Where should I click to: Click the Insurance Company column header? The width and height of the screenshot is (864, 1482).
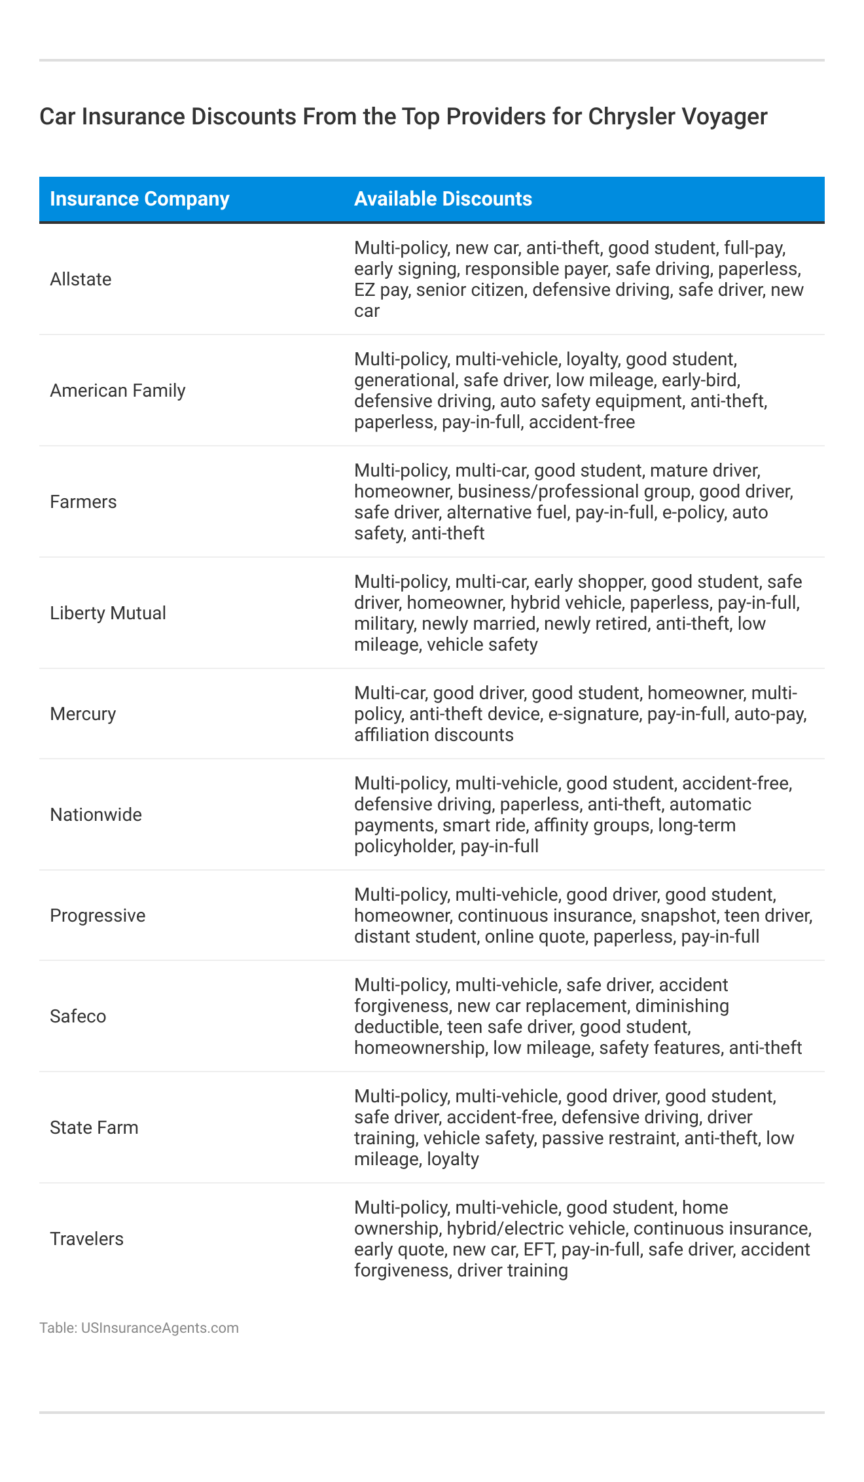pyautogui.click(x=139, y=199)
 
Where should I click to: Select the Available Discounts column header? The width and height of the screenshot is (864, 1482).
pyautogui.click(x=443, y=199)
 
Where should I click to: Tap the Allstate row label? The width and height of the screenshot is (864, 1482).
pyautogui.click(x=81, y=280)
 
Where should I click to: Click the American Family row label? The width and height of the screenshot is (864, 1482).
pyautogui.click(x=118, y=391)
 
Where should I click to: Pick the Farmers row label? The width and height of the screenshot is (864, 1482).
pyautogui.click(x=83, y=502)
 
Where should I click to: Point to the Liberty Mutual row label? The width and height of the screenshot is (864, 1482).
pyautogui.click(x=108, y=613)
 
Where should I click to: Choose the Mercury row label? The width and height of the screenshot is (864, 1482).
pyautogui.click(x=82, y=714)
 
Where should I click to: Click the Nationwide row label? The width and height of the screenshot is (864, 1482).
pyautogui.click(x=96, y=815)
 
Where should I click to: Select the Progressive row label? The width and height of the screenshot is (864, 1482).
pyautogui.click(x=98, y=916)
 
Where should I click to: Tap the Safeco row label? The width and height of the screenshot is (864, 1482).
pyautogui.click(x=78, y=1017)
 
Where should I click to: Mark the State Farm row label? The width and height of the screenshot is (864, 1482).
pyautogui.click(x=94, y=1128)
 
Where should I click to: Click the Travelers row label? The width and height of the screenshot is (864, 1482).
pyautogui.click(x=86, y=1239)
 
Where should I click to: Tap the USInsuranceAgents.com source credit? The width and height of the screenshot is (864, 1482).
pyautogui.click(x=160, y=1328)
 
